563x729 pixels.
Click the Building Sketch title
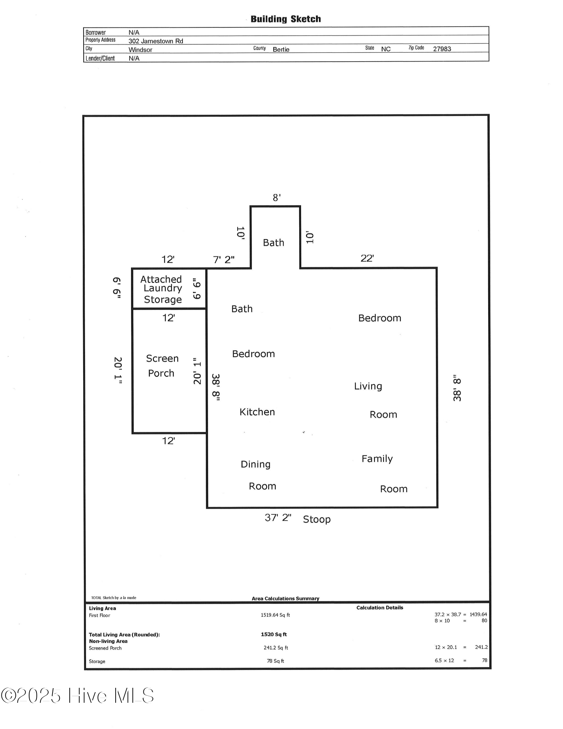click(x=285, y=19)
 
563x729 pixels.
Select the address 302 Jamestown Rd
click(x=155, y=41)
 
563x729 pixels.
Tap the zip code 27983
click(x=442, y=49)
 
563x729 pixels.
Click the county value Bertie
click(x=281, y=49)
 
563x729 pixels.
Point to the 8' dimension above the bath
click(x=277, y=197)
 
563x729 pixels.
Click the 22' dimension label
click(x=367, y=258)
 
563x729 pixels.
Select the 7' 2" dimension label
click(x=223, y=260)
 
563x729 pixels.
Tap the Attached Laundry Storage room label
click(x=162, y=289)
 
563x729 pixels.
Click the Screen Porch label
click(x=162, y=366)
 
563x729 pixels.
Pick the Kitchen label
click(x=257, y=412)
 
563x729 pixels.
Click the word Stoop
click(x=316, y=519)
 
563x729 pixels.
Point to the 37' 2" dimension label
click(x=278, y=518)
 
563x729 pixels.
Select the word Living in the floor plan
click(x=368, y=386)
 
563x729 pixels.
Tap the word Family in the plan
click(x=377, y=459)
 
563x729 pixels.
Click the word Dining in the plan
click(x=255, y=464)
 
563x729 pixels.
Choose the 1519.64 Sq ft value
click(x=275, y=615)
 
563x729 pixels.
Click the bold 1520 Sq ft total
click(x=274, y=634)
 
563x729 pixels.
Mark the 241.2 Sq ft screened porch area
click(x=275, y=648)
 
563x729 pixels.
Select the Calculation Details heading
click(x=379, y=608)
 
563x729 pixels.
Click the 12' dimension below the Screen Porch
click(x=168, y=441)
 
